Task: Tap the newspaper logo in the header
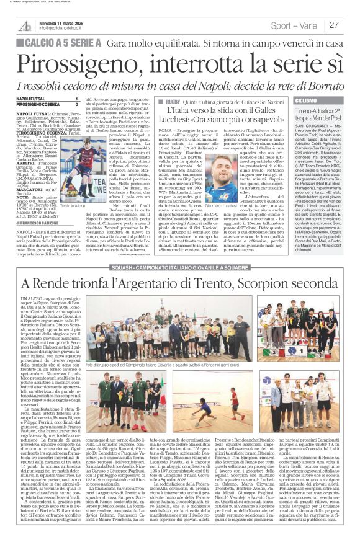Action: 24,25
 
